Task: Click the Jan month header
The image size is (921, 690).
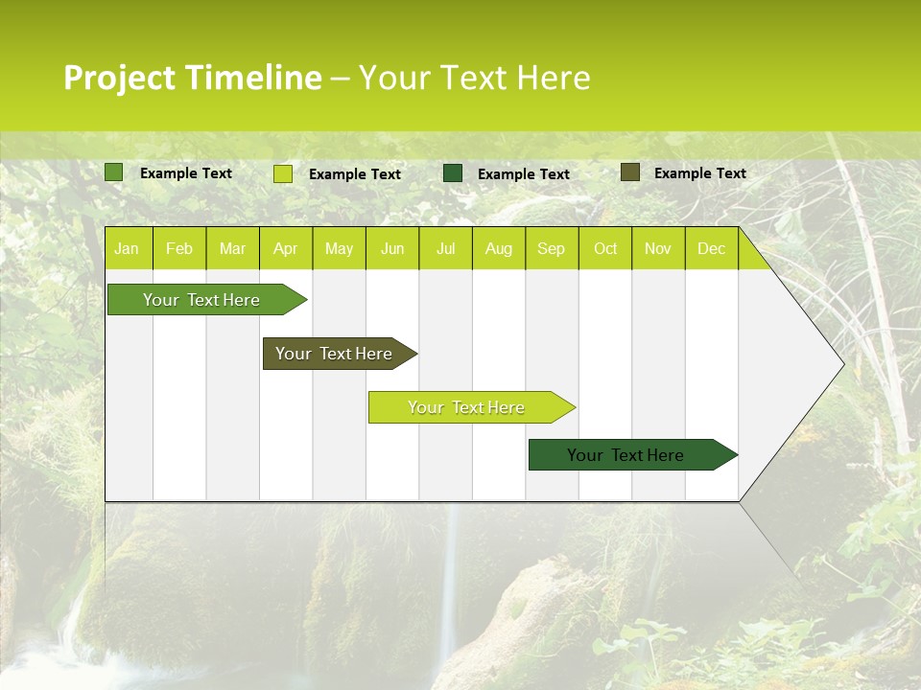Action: (x=127, y=248)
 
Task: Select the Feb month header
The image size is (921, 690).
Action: (x=179, y=248)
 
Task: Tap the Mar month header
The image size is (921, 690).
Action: (x=232, y=248)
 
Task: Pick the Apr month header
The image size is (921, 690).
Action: (x=286, y=248)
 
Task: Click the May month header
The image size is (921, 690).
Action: (x=339, y=248)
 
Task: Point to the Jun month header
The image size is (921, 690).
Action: (x=392, y=248)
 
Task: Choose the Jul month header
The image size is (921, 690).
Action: (x=445, y=248)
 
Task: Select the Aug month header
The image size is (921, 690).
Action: (x=499, y=248)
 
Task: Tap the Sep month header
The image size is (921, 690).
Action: (x=552, y=248)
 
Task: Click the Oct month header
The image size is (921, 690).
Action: (x=605, y=248)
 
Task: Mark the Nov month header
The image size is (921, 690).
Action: (x=658, y=248)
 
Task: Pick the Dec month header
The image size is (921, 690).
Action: (x=712, y=248)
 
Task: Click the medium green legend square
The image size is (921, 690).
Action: (x=114, y=172)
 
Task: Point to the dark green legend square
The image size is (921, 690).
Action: (x=453, y=173)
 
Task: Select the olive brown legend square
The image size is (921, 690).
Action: (x=629, y=172)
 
